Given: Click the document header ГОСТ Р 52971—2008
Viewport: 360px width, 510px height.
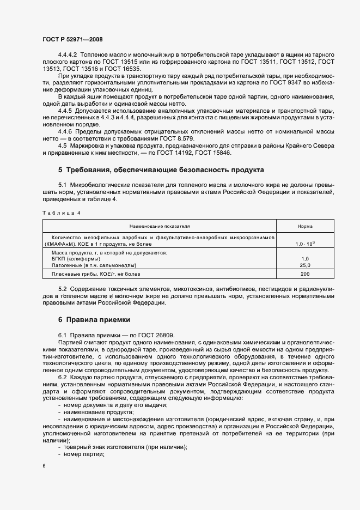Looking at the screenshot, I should (x=72, y=40).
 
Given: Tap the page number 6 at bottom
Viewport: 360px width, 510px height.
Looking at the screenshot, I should (x=45, y=466).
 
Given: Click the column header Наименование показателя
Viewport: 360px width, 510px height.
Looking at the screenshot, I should (x=160, y=226).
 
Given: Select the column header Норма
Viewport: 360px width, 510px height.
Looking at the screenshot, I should (x=304, y=226).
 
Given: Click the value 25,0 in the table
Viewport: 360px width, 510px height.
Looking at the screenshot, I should (x=304, y=265).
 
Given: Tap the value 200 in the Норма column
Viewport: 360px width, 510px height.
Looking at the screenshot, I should (x=304, y=274).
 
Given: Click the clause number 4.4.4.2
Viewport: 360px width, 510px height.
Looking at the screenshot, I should (x=68, y=56).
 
